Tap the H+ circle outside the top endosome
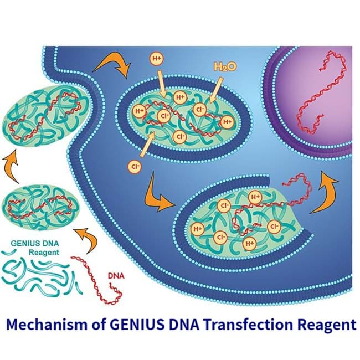pyautogui.click(x=156, y=57)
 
